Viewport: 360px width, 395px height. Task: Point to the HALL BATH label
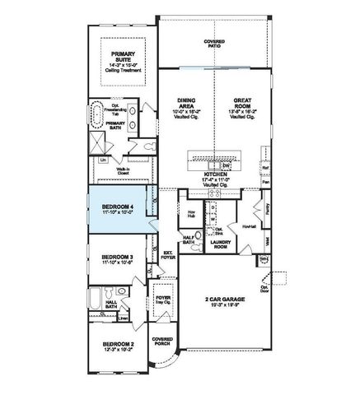coord(111,303)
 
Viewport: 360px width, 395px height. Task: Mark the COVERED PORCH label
coord(161,341)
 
